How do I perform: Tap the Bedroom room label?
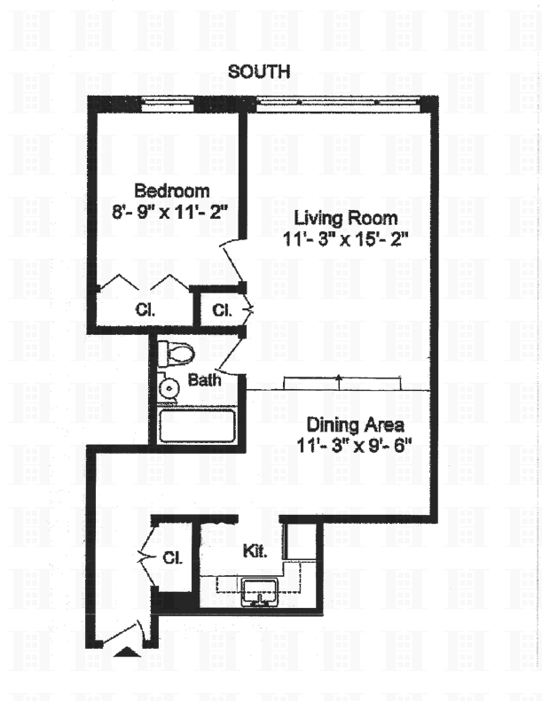[171, 191]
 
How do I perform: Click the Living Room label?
[345, 218]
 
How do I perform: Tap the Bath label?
[205, 381]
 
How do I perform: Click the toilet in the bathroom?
[175, 354]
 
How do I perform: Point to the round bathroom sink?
[169, 387]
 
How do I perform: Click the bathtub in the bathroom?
[196, 425]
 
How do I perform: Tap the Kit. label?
[255, 550]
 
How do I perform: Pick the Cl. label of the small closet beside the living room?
[221, 311]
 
